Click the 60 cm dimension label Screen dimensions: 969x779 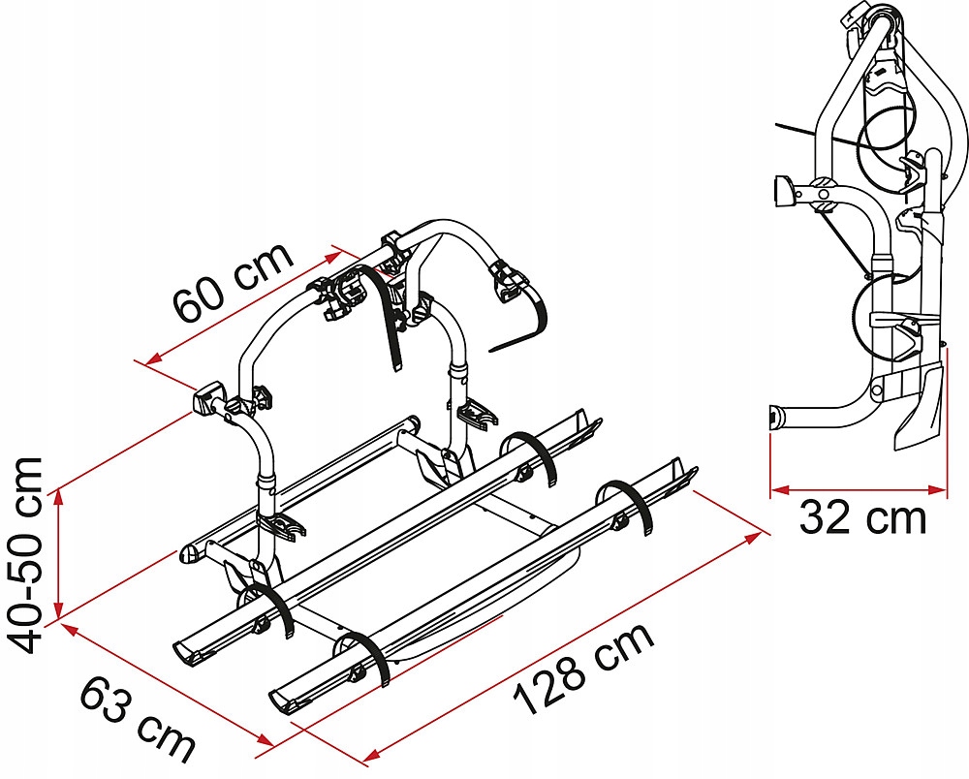coord(234,281)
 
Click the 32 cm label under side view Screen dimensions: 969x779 coord(862,518)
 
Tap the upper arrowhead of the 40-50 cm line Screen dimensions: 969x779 coord(59,497)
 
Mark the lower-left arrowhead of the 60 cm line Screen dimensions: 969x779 coord(153,358)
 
